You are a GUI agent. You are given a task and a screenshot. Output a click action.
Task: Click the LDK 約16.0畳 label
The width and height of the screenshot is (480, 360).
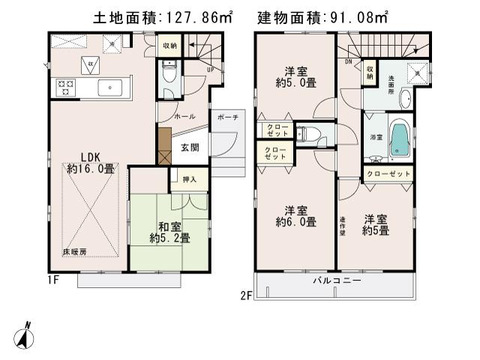coord(90,163)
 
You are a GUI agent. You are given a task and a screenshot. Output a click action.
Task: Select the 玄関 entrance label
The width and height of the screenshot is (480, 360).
coord(190,148)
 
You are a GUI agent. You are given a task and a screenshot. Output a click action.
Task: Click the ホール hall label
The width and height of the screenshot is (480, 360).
coord(184,118)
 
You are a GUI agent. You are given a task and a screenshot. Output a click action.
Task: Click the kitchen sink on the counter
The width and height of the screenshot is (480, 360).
coord(112,88)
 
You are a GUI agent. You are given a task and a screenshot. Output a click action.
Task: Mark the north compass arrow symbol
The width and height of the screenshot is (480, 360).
coord(25,336)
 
